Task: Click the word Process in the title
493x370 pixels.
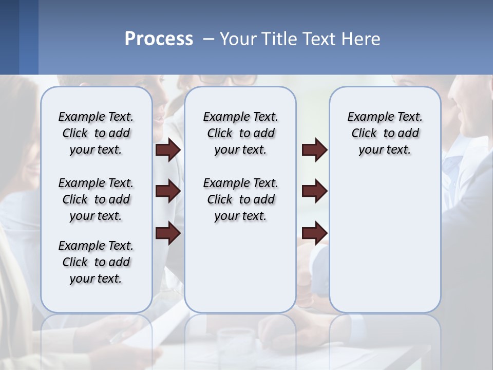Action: pyautogui.click(x=159, y=39)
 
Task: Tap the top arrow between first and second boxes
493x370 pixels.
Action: pyautogui.click(x=168, y=150)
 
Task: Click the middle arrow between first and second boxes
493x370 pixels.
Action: pyautogui.click(x=168, y=191)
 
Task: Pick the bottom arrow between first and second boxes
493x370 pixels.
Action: pyautogui.click(x=168, y=233)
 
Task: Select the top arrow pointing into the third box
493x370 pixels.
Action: pyautogui.click(x=314, y=150)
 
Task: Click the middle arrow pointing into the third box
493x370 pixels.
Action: pyautogui.click(x=314, y=191)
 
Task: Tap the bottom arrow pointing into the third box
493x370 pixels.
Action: pyautogui.click(x=314, y=233)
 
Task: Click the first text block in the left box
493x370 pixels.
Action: pyautogui.click(x=96, y=133)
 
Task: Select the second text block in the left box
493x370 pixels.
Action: pyautogui.click(x=96, y=199)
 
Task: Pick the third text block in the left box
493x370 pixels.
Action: pyautogui.click(x=96, y=262)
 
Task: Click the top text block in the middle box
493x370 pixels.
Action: pyautogui.click(x=240, y=133)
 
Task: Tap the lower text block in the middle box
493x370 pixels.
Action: pyautogui.click(x=240, y=199)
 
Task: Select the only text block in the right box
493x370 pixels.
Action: pyautogui.click(x=385, y=133)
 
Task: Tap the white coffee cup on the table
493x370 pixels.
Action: pyautogui.click(x=235, y=339)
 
